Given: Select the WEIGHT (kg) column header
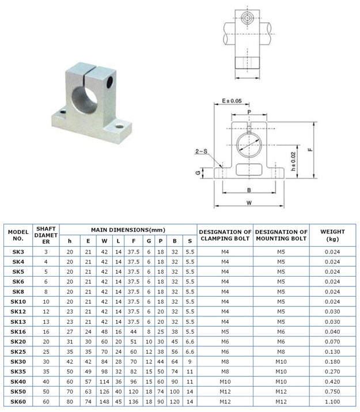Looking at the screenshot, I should (x=332, y=235).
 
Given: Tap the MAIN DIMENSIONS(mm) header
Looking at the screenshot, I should (x=128, y=229).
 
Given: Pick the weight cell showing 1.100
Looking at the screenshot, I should (x=332, y=402).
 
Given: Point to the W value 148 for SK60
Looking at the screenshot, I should (x=104, y=402).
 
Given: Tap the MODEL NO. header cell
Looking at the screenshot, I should (x=18, y=235).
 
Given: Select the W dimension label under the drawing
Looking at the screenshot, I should (x=249, y=202).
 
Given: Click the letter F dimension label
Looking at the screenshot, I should (x=310, y=149).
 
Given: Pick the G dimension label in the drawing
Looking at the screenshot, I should (x=198, y=172).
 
